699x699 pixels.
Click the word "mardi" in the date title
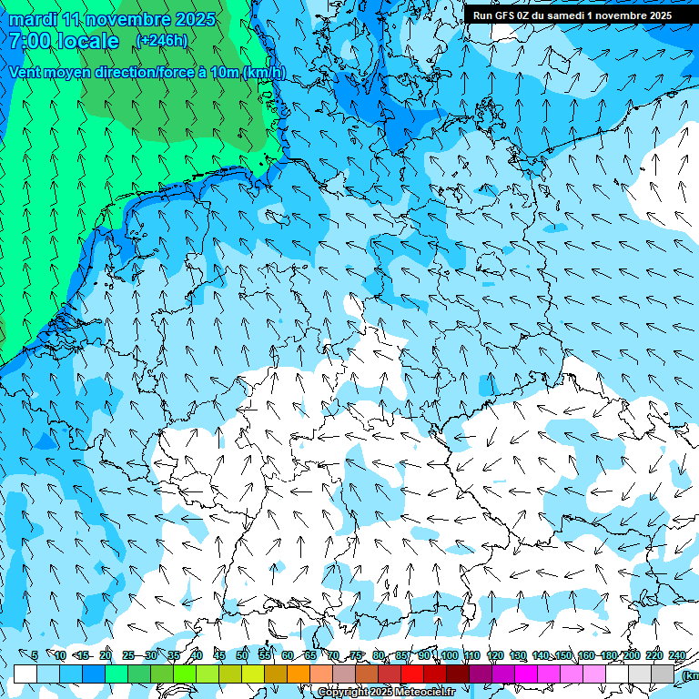click(x=30, y=19)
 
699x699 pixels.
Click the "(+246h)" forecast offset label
click(x=161, y=40)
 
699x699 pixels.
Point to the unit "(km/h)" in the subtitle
click(x=263, y=73)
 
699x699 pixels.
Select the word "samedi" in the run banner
click(x=567, y=15)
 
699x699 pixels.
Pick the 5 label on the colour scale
click(x=35, y=655)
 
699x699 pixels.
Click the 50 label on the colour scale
click(x=242, y=655)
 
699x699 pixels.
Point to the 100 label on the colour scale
click(x=449, y=655)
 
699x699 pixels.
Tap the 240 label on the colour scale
click(x=677, y=655)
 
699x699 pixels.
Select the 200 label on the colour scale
click(x=631, y=655)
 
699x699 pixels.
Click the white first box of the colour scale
click(x=25, y=674)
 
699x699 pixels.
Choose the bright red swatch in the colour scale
click(x=412, y=674)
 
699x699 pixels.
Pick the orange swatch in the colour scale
click(x=299, y=674)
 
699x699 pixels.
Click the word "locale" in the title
click(x=87, y=41)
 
